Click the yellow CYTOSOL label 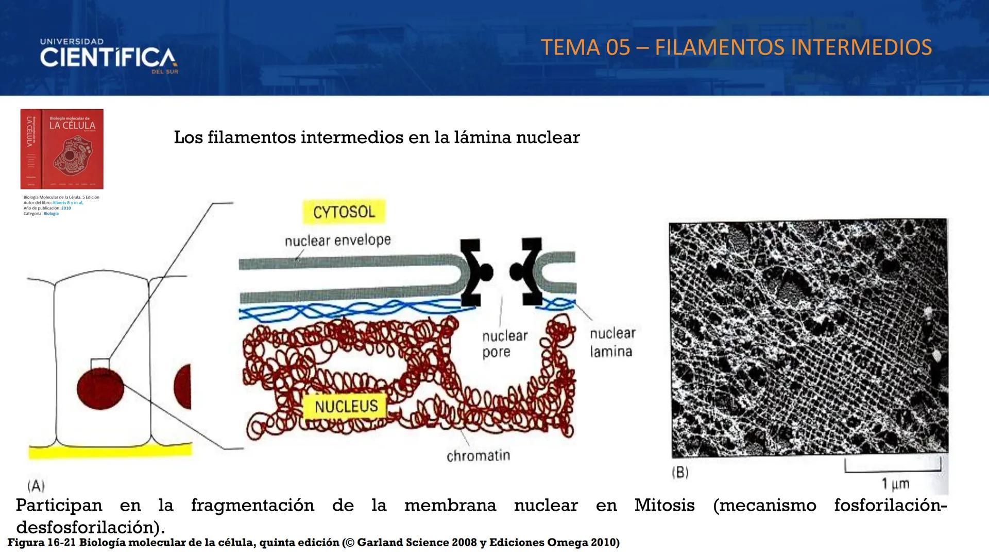click(x=344, y=212)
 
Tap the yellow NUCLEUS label click(x=346, y=406)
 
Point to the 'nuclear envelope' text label click(x=337, y=240)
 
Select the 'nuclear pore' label click(x=505, y=344)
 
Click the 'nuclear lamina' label click(x=612, y=342)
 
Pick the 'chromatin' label click(x=478, y=456)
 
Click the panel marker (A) click(x=36, y=485)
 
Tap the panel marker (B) click(x=680, y=473)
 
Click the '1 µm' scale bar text click(x=895, y=484)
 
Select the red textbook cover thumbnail click(x=62, y=149)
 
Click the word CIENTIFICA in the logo click(x=108, y=58)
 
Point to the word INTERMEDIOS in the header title click(x=861, y=47)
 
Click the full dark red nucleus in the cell click(x=100, y=389)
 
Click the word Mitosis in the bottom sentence click(x=664, y=505)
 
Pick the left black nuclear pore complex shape click(x=474, y=272)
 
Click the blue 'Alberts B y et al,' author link click(x=68, y=203)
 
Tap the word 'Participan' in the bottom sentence click(x=59, y=505)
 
